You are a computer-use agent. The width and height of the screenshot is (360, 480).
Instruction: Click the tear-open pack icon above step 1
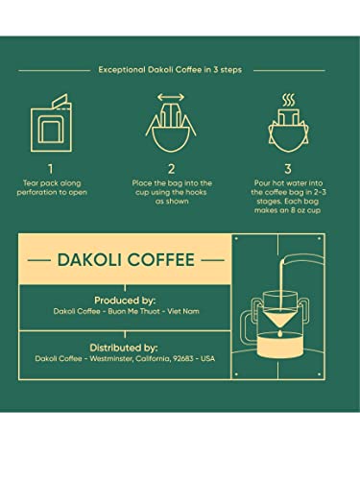(x=51, y=121)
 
